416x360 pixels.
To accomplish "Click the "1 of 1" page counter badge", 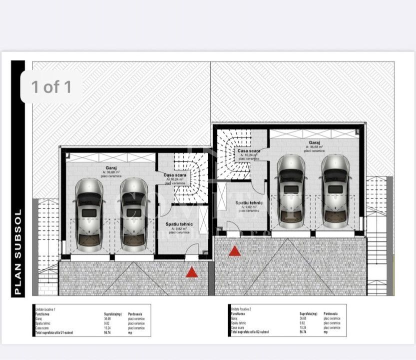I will (x=51, y=87).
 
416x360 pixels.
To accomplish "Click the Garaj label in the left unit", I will (x=111, y=168).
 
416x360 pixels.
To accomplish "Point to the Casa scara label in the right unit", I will (x=248, y=151).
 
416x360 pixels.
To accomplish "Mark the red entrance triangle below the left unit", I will (x=191, y=272).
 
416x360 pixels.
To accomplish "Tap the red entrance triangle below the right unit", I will (x=234, y=250).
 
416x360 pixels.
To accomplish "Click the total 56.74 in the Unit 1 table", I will (x=107, y=332).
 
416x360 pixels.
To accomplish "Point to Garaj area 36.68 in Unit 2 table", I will (x=303, y=318).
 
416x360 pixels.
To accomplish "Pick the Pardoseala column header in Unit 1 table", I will (x=136, y=314).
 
